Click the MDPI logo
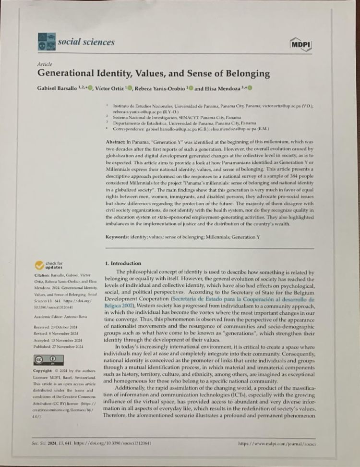tap(301, 45)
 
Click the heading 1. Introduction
tap(123, 263)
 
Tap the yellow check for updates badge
tap(49, 265)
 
